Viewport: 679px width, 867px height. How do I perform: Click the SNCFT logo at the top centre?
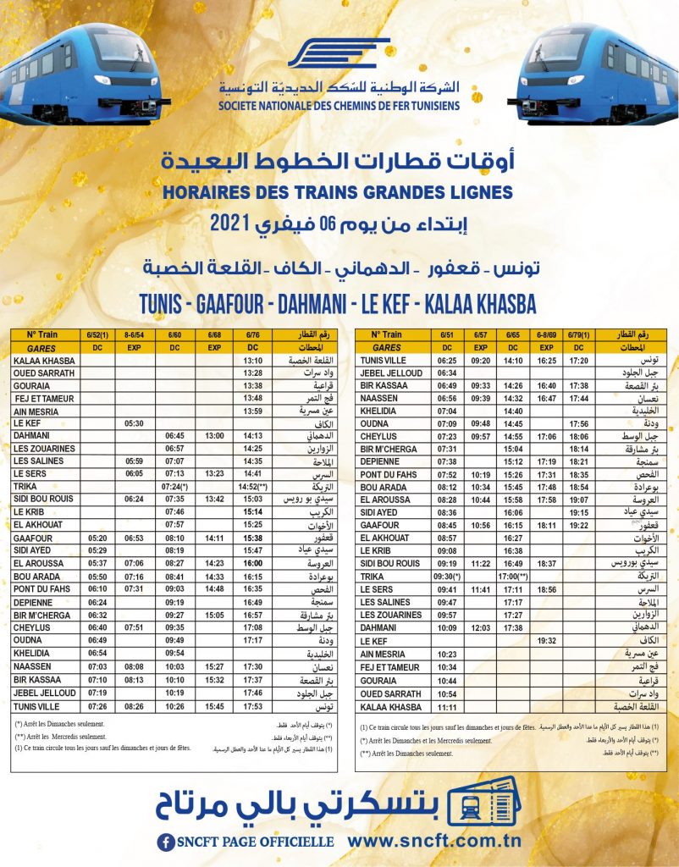click(339, 54)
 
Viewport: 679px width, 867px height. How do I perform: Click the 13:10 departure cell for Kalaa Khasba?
click(252, 361)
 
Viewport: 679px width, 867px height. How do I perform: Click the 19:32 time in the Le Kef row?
click(545, 642)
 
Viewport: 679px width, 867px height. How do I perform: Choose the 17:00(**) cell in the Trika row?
click(513, 576)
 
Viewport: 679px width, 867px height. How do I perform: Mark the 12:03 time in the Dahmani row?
click(480, 628)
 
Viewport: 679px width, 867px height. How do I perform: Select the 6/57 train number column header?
click(480, 335)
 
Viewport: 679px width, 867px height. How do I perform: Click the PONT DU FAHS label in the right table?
click(389, 475)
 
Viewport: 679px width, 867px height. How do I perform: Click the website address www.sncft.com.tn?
click(445, 842)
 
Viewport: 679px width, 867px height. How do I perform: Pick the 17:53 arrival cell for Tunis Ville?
click(252, 705)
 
